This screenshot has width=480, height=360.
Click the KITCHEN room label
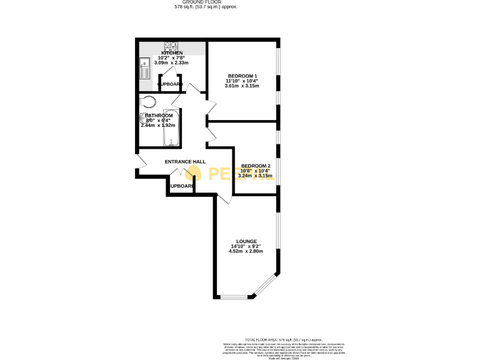[x=172, y=53]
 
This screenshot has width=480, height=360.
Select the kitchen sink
[x=144, y=68]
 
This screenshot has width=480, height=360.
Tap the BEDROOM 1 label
[x=242, y=76]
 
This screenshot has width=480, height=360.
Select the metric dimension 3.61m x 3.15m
[x=242, y=86]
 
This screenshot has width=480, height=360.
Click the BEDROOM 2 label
[x=256, y=166]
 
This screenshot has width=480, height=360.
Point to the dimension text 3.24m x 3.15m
[x=256, y=176]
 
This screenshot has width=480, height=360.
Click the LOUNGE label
[x=247, y=241]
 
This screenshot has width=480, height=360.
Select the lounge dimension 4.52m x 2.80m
[x=247, y=251]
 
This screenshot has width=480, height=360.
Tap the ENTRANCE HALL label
[x=185, y=162]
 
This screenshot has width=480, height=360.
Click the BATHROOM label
[x=158, y=116]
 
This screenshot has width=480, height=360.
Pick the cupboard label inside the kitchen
[x=169, y=84]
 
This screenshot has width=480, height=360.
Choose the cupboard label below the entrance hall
[x=181, y=186]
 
